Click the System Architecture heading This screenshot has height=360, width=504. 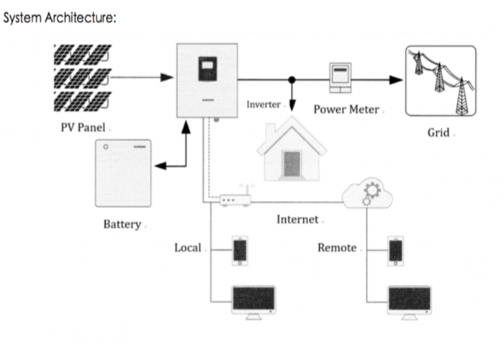point(60,18)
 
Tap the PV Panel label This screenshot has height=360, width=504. point(84,127)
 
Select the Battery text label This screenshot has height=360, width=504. point(122,224)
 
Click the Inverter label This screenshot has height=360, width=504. point(264,104)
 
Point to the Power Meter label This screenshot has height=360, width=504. point(346,109)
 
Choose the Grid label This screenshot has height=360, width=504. point(438,132)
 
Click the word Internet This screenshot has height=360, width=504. point(297,219)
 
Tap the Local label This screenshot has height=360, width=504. point(188,248)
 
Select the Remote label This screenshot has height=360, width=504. point(337,248)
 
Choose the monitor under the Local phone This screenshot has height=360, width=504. point(253,301)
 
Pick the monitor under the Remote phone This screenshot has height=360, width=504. point(409,301)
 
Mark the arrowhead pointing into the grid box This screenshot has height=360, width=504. point(397,80)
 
